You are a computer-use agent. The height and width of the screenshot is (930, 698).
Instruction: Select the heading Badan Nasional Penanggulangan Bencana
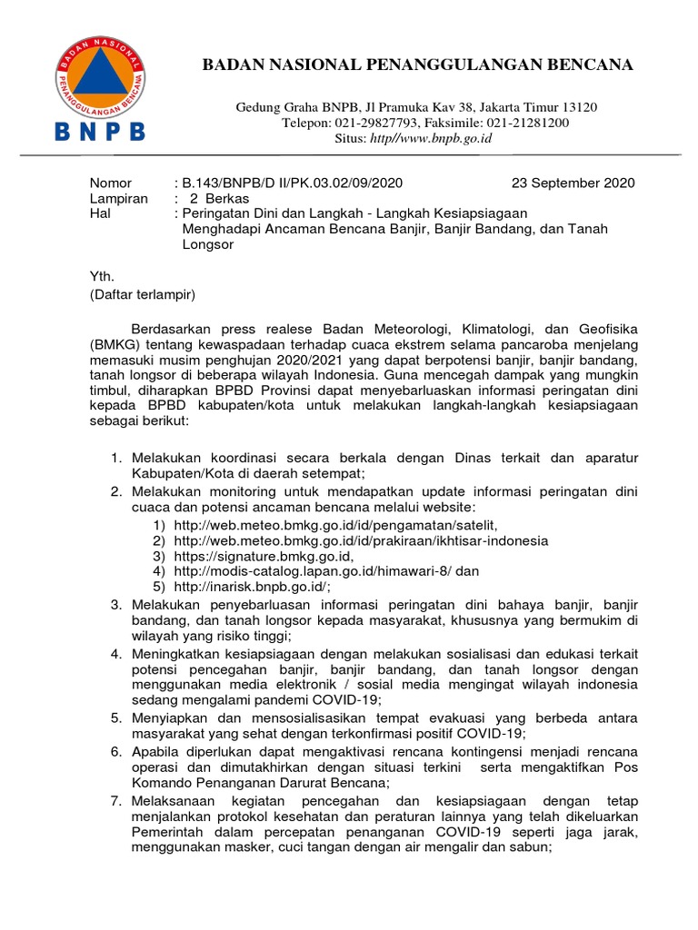[x=417, y=64]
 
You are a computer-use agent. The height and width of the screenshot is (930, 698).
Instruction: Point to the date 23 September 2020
[x=573, y=183]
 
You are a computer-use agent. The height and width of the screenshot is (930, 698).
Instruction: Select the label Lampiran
[x=118, y=198]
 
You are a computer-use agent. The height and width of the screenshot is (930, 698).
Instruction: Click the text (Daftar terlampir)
[x=142, y=293]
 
